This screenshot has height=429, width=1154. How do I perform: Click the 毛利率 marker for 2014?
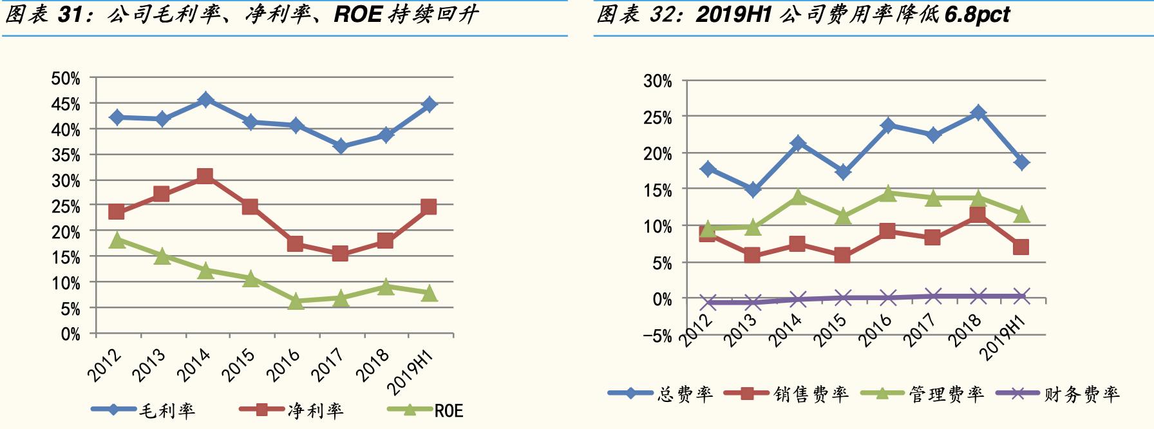pos(205,100)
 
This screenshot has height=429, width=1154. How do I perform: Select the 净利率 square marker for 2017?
pos(340,254)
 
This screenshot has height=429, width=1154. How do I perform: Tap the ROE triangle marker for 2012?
pos(117,240)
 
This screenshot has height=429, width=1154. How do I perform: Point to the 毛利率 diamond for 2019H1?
pos(429,104)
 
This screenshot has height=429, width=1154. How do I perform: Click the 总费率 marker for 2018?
pos(978,113)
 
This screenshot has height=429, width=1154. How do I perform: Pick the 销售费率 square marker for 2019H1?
pos(1021,247)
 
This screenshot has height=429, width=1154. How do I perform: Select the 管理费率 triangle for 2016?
pos(888,193)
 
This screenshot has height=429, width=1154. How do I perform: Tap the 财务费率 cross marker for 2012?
pos(708,302)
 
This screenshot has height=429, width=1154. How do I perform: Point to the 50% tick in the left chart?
pos(66,79)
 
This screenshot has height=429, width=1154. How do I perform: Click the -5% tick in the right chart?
pos(657,336)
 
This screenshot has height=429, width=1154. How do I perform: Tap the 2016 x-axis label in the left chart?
pos(284,365)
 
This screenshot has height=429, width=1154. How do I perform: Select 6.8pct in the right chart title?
pos(977,15)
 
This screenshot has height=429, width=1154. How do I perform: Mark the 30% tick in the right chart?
pos(657,81)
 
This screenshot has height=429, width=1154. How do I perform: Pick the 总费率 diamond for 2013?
pos(752,189)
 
